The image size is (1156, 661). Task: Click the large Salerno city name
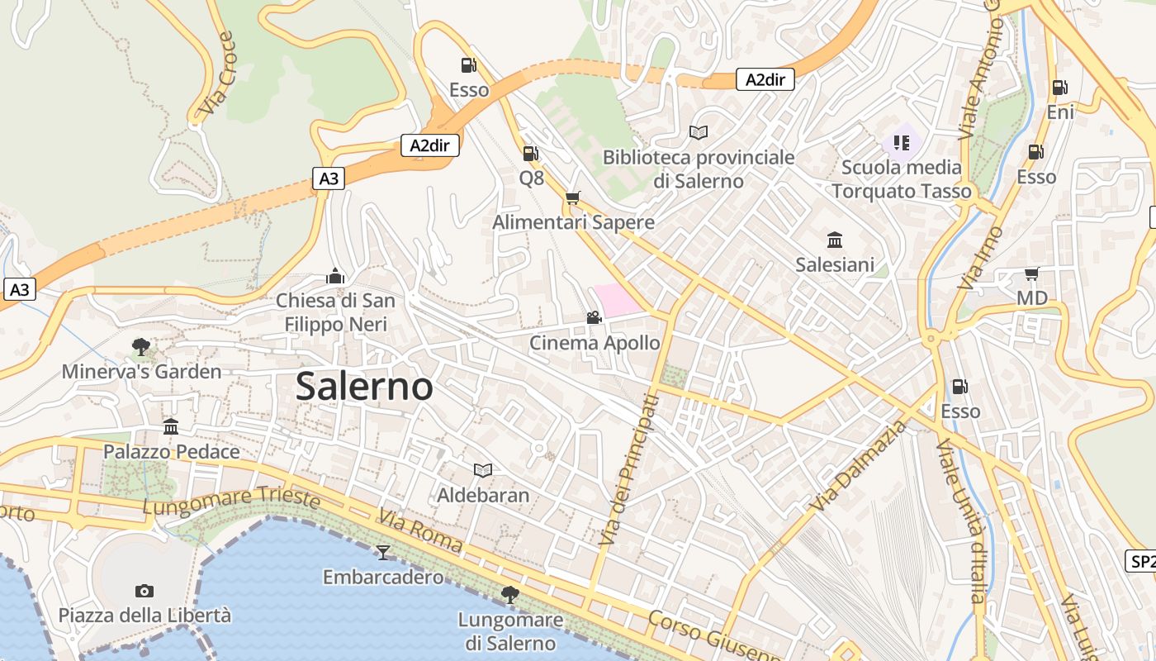click(x=364, y=386)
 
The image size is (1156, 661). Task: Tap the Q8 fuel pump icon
click(x=530, y=153)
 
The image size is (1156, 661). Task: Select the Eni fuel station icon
click(x=1059, y=88)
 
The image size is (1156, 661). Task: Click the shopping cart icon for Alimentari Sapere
click(x=572, y=198)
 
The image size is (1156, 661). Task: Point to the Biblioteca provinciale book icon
click(x=698, y=132)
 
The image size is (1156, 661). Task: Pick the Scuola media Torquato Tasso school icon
click(x=901, y=143)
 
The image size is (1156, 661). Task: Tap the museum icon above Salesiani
click(x=835, y=240)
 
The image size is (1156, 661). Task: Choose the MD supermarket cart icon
click(x=1031, y=273)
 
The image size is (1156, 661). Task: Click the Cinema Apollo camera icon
click(x=594, y=317)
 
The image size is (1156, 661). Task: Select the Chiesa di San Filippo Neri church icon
click(x=335, y=276)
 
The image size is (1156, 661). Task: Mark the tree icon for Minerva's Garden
click(x=141, y=347)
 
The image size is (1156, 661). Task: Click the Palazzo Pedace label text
click(x=171, y=452)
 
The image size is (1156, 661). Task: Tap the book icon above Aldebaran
click(x=483, y=470)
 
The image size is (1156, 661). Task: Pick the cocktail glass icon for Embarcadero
click(x=382, y=552)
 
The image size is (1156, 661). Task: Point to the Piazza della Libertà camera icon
click(x=144, y=591)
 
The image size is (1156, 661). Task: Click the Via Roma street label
click(x=420, y=532)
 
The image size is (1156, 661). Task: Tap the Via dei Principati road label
click(x=629, y=469)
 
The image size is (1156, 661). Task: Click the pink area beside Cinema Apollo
click(x=615, y=299)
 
